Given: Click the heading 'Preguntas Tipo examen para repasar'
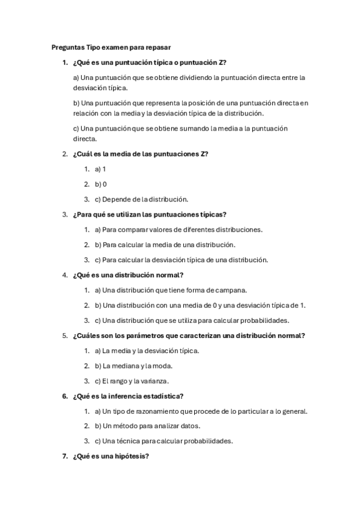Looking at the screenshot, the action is (x=111, y=47).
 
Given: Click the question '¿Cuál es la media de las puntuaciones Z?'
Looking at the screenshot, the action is (x=140, y=153).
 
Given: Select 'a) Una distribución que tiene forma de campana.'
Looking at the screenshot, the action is (x=171, y=290).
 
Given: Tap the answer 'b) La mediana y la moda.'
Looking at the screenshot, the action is (x=138, y=366).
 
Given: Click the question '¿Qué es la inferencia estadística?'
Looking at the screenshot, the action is (x=127, y=396).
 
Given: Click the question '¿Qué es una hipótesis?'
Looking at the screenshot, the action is (x=111, y=456).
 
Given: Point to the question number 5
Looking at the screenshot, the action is (x=65, y=336).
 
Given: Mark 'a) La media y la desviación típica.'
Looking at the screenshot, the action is (x=151, y=351).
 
